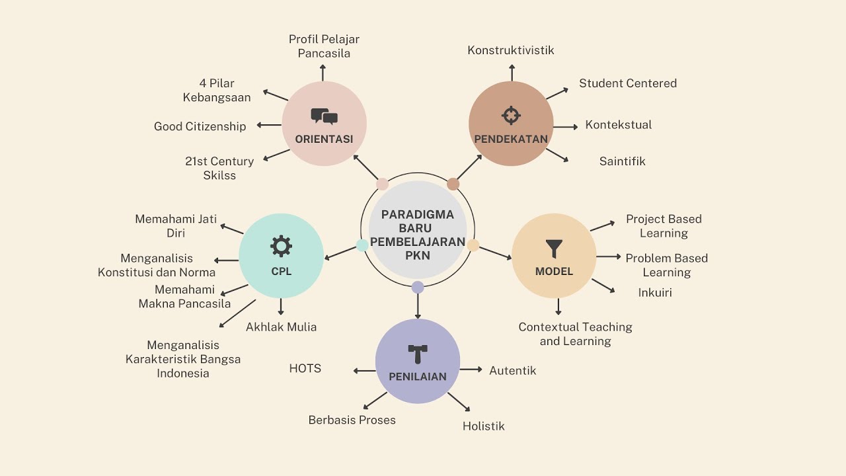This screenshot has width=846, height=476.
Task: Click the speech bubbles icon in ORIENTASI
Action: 324,117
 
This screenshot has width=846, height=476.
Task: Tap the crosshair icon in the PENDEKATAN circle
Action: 511,115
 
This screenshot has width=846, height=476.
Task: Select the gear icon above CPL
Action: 281,246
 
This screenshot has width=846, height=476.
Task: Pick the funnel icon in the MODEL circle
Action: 554,249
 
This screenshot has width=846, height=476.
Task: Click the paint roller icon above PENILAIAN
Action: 418,353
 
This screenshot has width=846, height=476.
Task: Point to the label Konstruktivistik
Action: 510,50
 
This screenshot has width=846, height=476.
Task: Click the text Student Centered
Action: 628,83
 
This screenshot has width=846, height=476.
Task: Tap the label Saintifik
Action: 622,161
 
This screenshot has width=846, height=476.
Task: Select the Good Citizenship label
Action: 200,126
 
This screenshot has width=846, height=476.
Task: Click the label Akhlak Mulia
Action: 281,327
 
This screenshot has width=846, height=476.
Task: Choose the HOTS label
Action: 305,368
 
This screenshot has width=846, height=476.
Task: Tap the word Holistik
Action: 483,426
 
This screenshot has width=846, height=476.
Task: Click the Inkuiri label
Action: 655,292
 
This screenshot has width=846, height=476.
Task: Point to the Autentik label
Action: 512,370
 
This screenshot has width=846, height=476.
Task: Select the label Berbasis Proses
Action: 352,420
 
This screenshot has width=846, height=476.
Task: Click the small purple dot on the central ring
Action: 418,287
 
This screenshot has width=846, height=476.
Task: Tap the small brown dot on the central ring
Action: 453,184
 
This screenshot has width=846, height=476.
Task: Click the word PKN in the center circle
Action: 418,255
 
